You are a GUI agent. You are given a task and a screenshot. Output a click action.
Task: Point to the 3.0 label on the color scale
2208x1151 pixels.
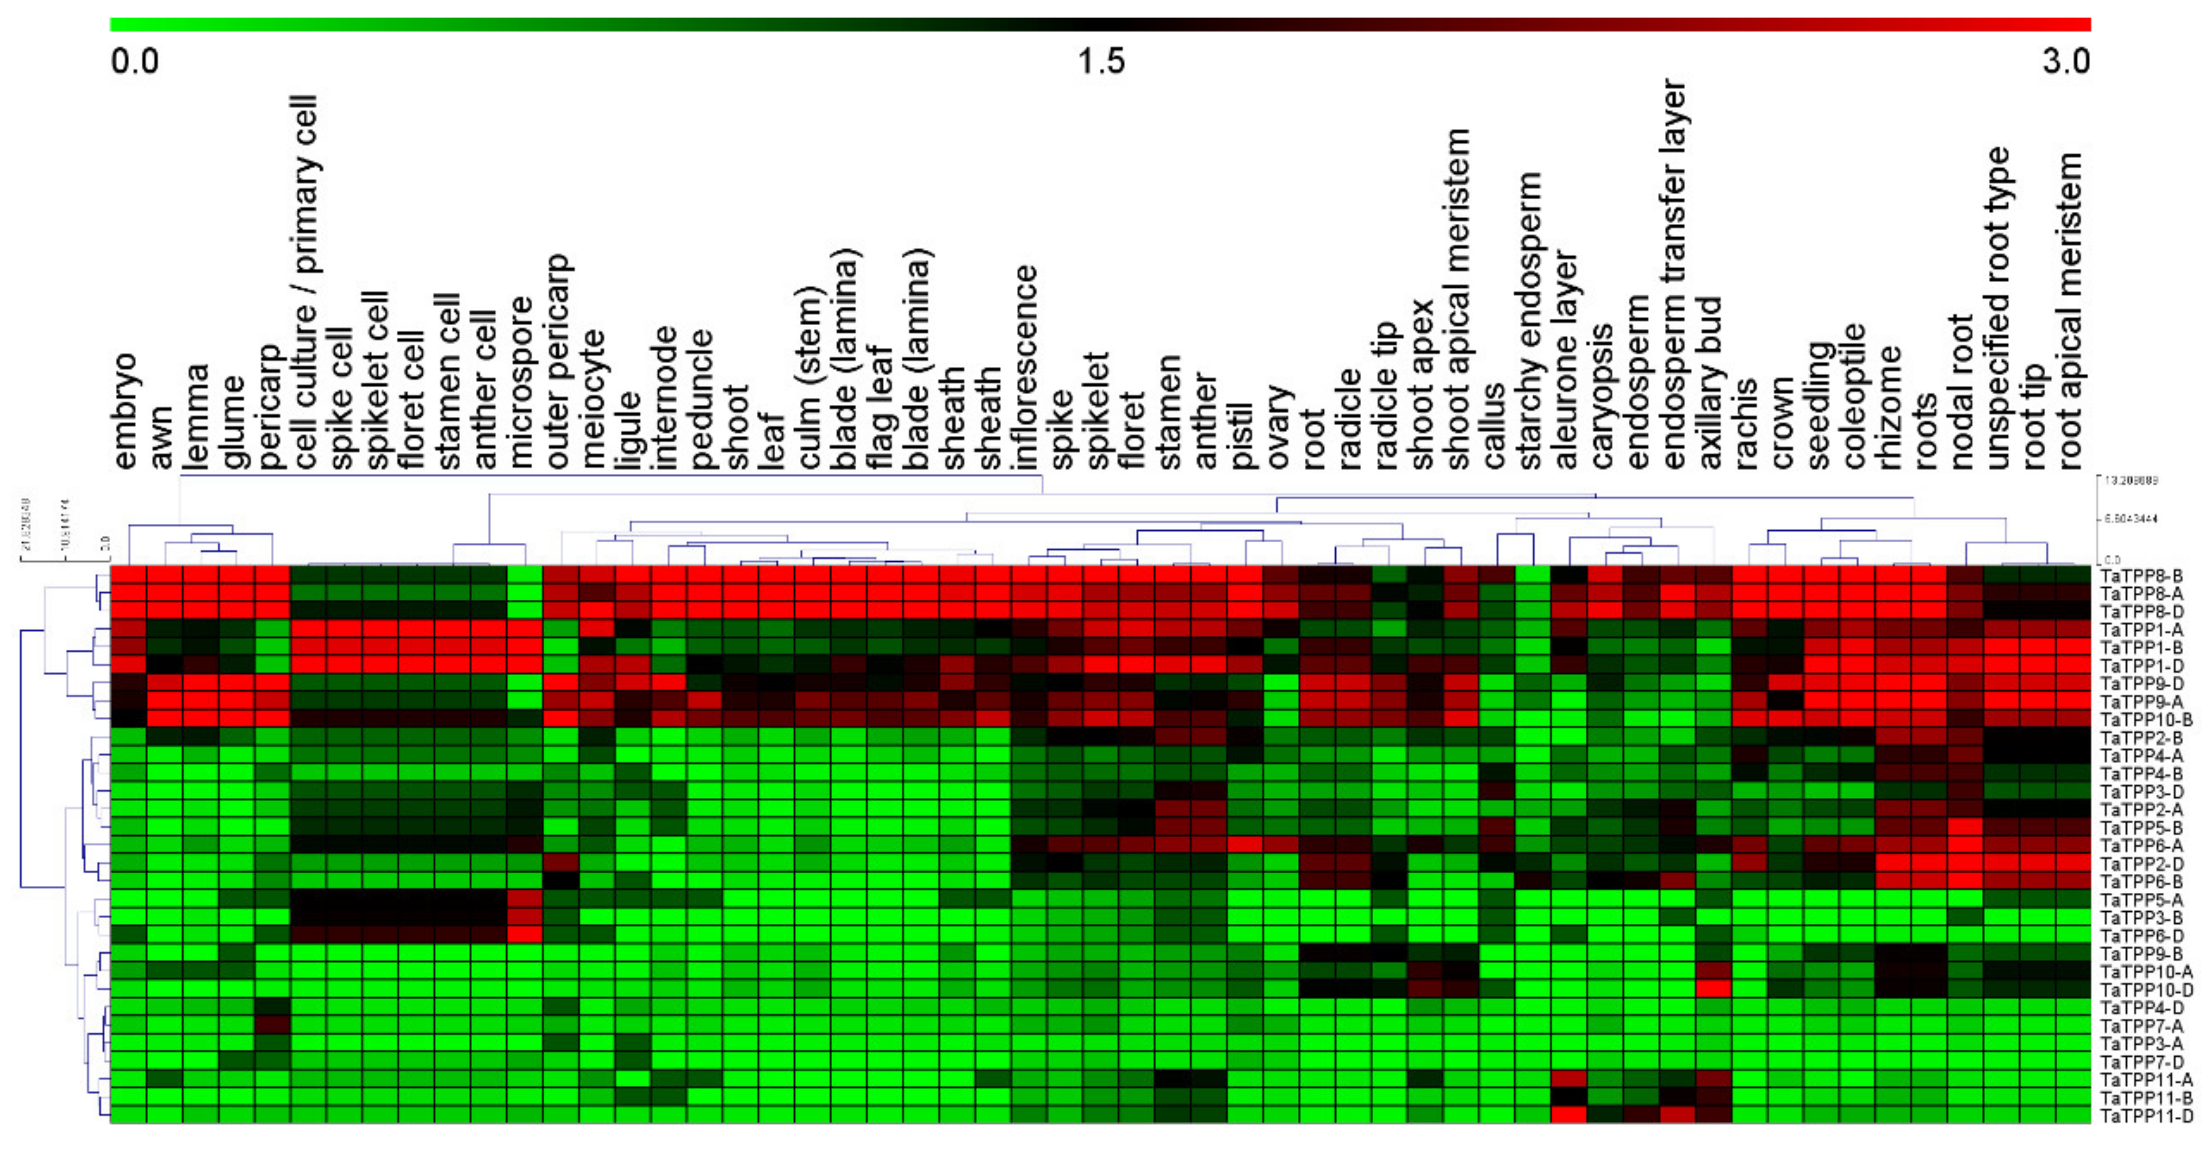tap(2066, 62)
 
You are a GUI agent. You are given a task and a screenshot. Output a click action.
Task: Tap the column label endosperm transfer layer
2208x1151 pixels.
tap(1673, 274)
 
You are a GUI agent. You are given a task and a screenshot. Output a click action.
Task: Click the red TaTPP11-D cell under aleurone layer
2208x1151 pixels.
tap(1569, 1115)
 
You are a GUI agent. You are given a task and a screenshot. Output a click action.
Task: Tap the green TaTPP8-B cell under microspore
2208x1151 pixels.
tap(524, 574)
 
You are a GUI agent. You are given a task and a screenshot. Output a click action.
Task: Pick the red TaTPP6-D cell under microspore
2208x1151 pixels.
tap(524, 934)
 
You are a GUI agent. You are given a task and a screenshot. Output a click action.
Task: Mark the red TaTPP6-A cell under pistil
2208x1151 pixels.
tap(1245, 844)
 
